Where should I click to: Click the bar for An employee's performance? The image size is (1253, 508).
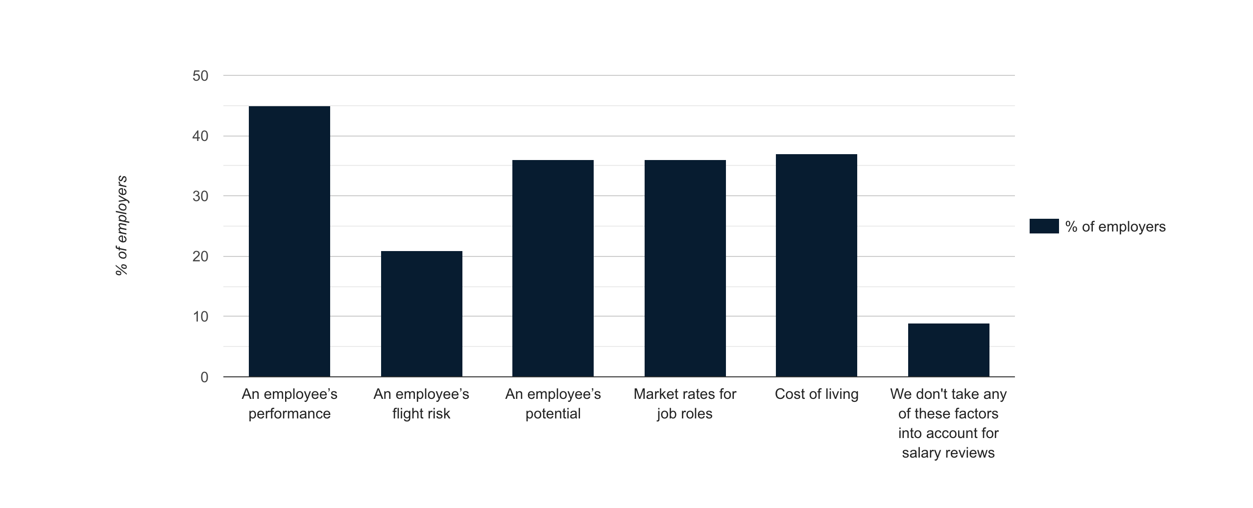point(289,241)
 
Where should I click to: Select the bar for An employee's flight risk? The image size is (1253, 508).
point(421,314)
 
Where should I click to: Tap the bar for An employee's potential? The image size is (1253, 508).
point(553,268)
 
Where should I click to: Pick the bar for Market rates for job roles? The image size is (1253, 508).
point(685,268)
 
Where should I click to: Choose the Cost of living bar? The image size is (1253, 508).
point(816,265)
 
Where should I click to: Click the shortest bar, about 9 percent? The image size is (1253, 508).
point(948,350)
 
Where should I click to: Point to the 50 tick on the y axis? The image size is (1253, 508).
point(200,76)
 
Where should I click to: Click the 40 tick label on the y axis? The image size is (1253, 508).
point(200,136)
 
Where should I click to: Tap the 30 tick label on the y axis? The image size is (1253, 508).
point(200,196)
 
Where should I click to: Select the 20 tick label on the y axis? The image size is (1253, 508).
point(200,256)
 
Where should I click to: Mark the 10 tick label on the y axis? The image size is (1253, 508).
point(200,317)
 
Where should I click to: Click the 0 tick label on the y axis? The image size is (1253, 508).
point(204,377)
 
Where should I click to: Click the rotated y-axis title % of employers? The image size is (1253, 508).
point(121,225)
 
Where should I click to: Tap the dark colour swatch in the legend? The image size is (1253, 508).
point(1044,226)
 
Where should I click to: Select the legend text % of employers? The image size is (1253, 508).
point(1115,227)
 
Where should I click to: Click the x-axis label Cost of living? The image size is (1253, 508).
point(817,394)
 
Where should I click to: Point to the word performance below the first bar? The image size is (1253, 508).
point(289,414)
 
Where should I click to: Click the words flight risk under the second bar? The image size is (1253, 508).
point(421,414)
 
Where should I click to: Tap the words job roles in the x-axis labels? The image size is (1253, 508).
point(685,414)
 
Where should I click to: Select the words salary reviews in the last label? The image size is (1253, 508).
point(948,453)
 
